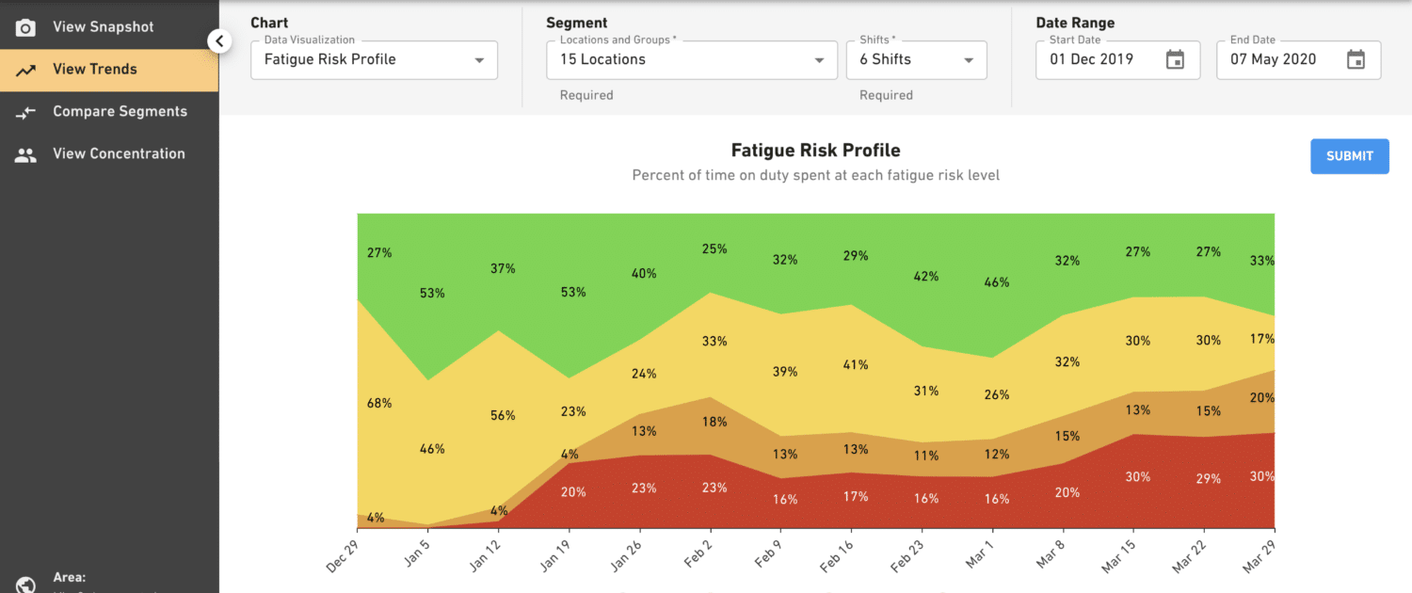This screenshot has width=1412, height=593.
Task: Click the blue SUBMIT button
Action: point(1349,156)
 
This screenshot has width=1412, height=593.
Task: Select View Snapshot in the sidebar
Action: point(103,27)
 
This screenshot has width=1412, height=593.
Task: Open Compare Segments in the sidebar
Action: point(120,111)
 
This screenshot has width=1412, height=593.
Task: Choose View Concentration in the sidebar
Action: point(119,153)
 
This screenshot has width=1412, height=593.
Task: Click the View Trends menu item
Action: point(94,69)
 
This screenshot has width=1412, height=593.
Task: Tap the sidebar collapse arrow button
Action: point(219,41)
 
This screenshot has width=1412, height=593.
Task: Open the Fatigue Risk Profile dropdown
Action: point(374,60)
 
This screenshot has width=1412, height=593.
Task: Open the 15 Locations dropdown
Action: point(691,60)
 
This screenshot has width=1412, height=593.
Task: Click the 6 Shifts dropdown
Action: point(916,60)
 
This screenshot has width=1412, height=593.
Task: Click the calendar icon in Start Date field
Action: point(1175,60)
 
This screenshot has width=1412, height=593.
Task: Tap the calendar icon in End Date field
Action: point(1356,60)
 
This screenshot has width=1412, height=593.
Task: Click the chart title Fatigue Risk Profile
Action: point(815,151)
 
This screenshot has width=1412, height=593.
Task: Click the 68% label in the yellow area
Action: point(379,403)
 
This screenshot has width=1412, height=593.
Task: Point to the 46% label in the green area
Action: point(996,282)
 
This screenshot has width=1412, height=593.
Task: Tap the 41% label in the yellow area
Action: point(855,364)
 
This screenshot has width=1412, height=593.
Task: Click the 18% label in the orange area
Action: point(714,422)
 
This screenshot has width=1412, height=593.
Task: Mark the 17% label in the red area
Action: point(855,496)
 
